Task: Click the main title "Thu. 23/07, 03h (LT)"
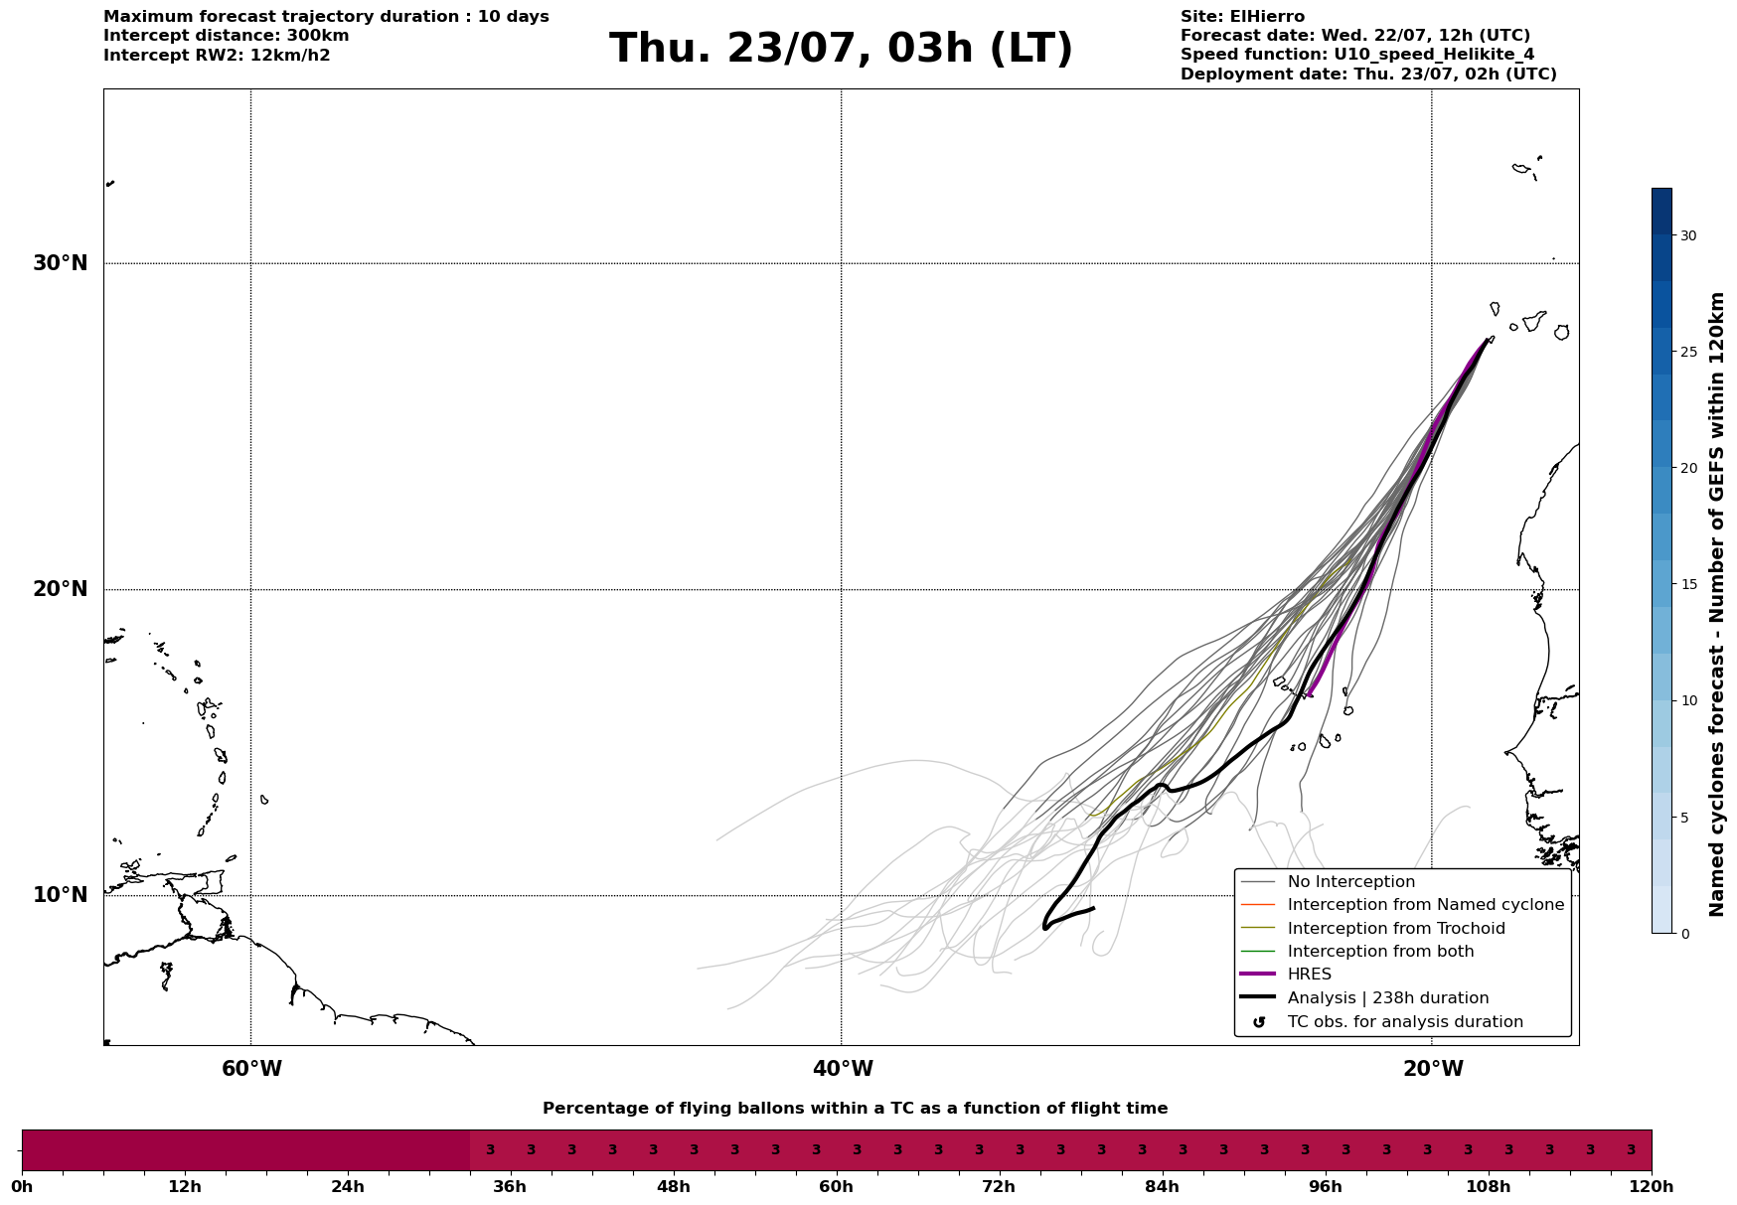[841, 49]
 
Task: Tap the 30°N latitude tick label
[60, 263]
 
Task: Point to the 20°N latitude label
[60, 589]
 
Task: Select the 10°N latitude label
[60, 895]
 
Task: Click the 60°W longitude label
[251, 1069]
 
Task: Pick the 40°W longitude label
[843, 1069]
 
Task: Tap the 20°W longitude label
[1433, 1069]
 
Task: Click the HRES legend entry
[1309, 975]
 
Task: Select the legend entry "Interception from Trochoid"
[1396, 929]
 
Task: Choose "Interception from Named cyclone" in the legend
[1425, 905]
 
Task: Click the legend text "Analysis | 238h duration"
[1387, 998]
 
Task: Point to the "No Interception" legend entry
[1350, 882]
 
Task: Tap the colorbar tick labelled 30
[1688, 235]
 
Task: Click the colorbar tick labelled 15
[1688, 584]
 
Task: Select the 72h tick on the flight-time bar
[999, 1186]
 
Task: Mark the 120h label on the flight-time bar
[1652, 1186]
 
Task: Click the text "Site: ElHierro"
[1242, 17]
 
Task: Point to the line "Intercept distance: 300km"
[227, 36]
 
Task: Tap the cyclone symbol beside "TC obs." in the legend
[1259, 1022]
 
